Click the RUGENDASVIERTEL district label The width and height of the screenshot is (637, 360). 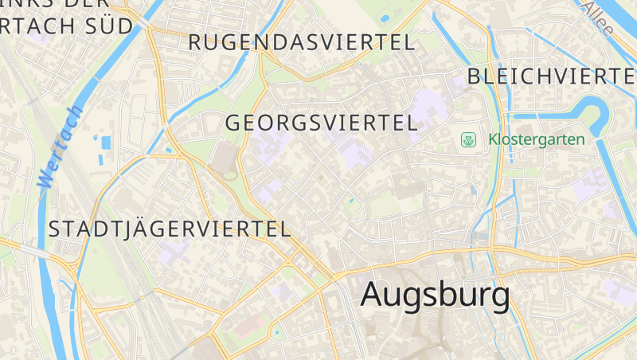tap(302, 43)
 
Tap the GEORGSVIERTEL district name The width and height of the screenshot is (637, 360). tap(321, 123)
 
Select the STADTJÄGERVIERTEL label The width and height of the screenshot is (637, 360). tap(170, 229)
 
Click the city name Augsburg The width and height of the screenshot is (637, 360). tap(435, 294)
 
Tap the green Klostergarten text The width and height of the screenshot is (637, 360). tap(536, 140)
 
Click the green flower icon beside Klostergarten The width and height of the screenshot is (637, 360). tap(469, 140)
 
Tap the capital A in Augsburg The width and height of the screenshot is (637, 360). tap(374, 294)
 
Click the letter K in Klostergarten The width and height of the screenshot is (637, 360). tap(493, 140)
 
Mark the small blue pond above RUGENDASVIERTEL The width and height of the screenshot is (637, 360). tap(386, 18)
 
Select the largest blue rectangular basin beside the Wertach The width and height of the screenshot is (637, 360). tap(106, 143)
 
